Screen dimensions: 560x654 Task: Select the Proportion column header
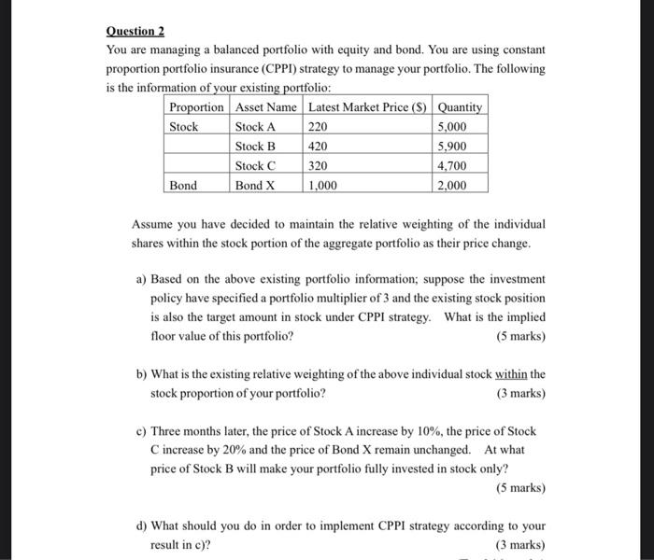[196, 107]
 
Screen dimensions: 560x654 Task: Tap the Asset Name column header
[265, 107]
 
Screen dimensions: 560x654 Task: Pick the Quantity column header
[461, 107]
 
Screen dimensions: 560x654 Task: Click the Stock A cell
[255, 127]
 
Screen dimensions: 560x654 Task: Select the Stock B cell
[255, 147]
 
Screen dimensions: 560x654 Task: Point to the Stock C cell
[255, 166]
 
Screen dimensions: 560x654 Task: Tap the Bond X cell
[255, 186]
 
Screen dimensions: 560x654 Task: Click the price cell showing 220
[319, 127]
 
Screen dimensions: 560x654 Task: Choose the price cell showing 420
[319, 147]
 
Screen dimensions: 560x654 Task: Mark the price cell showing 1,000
[323, 186]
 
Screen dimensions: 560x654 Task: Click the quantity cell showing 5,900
[452, 147]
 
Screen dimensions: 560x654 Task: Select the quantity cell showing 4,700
[452, 166]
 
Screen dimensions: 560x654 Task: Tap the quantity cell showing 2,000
[452, 186]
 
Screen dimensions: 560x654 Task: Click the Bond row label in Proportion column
[183, 186]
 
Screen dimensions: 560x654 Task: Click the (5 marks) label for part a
[520, 336]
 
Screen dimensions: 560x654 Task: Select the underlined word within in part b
[512, 374]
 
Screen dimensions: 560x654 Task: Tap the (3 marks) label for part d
[520, 545]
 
